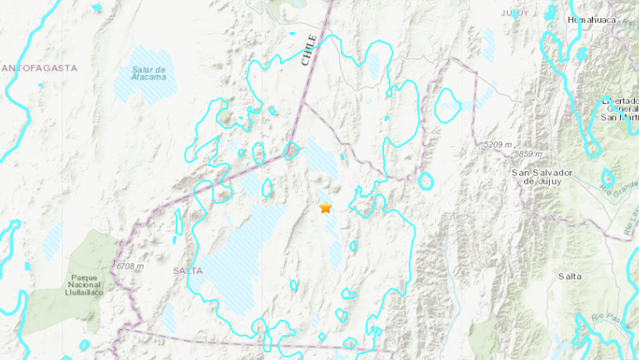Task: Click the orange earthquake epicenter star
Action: pyautogui.click(x=326, y=208)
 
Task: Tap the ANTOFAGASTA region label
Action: pyautogui.click(x=39, y=68)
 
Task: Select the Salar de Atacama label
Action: pyautogui.click(x=149, y=73)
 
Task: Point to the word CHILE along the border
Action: pyautogui.click(x=309, y=50)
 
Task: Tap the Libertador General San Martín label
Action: pyautogui.click(x=619, y=109)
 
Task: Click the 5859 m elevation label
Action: pyautogui.click(x=527, y=155)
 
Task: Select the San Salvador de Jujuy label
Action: pyautogui.click(x=542, y=177)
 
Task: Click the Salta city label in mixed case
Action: pyautogui.click(x=570, y=277)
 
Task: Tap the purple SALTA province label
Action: pyautogui.click(x=188, y=270)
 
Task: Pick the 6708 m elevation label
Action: pyautogui.click(x=129, y=266)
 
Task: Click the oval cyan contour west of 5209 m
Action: pyautogui.click(x=447, y=105)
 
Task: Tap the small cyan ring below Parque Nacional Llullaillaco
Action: pyautogui.click(x=85, y=345)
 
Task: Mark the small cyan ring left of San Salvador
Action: pyautogui.click(x=425, y=181)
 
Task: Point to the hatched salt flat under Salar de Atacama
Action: pyautogui.click(x=145, y=87)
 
